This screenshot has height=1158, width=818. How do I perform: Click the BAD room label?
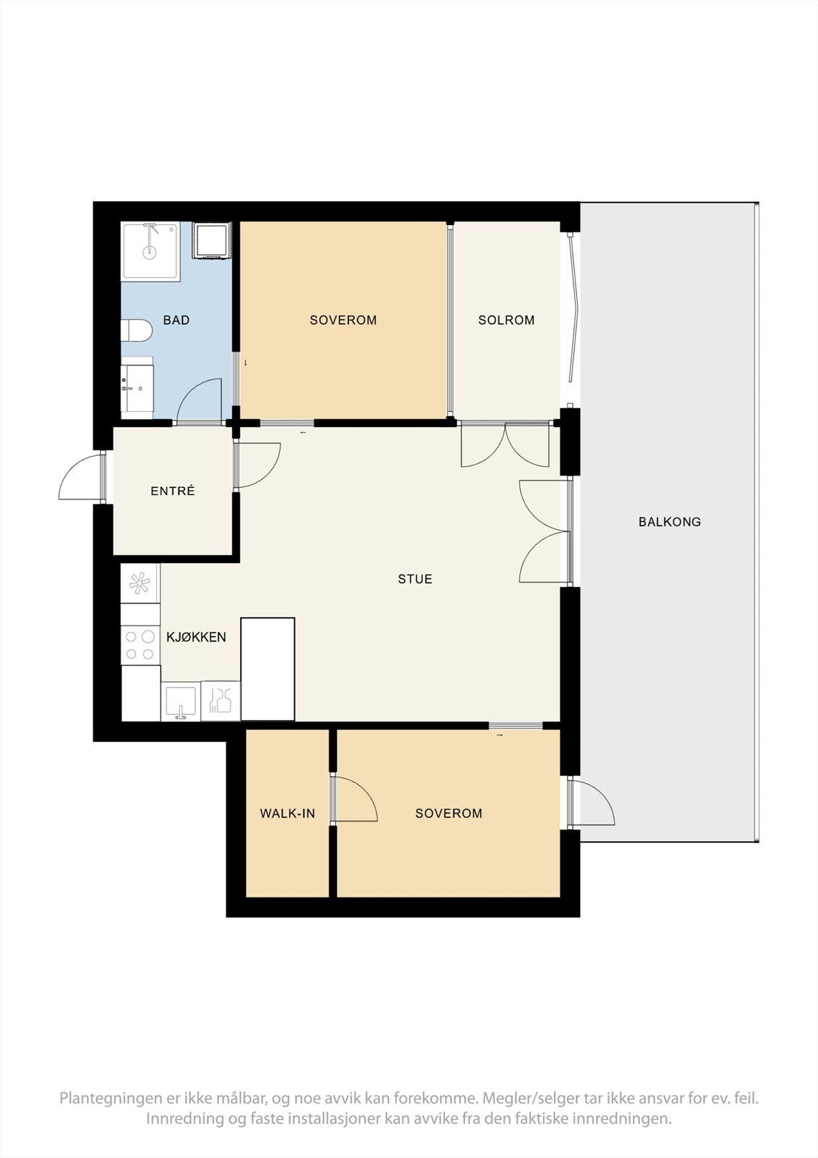click(176, 320)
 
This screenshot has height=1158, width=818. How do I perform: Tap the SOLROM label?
click(506, 320)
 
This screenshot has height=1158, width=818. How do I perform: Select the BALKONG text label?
click(669, 522)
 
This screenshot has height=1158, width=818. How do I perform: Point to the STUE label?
click(415, 579)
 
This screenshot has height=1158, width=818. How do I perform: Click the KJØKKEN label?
click(196, 638)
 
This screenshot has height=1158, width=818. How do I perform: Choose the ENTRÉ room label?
click(173, 491)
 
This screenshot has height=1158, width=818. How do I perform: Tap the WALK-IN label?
click(287, 813)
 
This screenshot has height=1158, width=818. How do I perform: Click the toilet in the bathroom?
click(137, 331)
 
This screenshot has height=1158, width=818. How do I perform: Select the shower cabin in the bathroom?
click(150, 251)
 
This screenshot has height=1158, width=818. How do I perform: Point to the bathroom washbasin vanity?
click(137, 386)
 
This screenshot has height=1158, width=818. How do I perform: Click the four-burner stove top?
click(140, 646)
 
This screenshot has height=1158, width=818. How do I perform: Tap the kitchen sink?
click(181, 701)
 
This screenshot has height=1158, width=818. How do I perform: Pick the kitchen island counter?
click(268, 669)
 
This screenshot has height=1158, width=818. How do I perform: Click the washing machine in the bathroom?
click(211, 240)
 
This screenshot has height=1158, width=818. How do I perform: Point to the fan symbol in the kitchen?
click(140, 583)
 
